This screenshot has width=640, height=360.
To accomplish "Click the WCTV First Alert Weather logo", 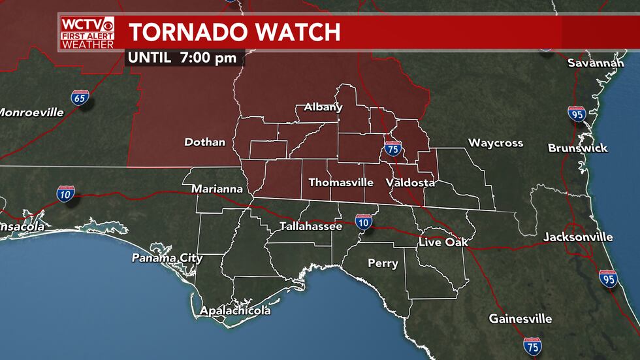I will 87,33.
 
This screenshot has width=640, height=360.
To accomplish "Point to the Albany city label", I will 323,107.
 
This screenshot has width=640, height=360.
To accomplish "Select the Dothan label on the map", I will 204,142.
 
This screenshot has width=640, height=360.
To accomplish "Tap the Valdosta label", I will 410,183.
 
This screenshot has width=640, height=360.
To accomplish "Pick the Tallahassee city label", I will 311,227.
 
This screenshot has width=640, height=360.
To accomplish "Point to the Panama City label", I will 167,258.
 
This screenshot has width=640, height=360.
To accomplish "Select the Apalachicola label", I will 236,311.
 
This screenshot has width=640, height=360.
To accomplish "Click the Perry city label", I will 383,263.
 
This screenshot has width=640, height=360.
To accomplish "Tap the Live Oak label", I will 443,242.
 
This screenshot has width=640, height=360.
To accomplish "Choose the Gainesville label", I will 520,319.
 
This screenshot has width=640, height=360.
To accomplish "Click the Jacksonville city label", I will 578,237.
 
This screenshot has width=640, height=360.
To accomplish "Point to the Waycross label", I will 496,143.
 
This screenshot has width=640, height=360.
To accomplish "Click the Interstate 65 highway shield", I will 80,99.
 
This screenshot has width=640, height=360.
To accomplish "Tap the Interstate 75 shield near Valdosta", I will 392,149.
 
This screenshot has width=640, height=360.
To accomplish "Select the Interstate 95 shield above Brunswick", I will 577,114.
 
